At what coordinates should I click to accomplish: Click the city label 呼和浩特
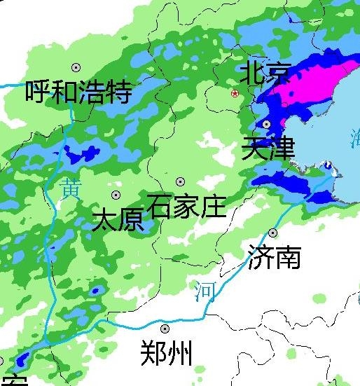(78, 92)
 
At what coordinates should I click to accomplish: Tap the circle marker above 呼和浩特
(76, 67)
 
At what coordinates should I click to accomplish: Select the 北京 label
(265, 72)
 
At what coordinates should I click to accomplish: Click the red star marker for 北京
(235, 92)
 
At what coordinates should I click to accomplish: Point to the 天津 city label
(268, 149)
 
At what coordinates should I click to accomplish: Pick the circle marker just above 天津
(267, 124)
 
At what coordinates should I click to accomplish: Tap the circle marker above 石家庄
(181, 181)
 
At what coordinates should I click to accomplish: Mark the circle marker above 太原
(116, 195)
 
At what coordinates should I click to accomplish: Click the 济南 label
(274, 257)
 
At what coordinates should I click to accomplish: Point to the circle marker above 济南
(272, 233)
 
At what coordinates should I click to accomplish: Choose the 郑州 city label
(166, 353)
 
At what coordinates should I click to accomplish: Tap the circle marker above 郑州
(165, 328)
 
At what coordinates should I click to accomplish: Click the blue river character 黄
(69, 188)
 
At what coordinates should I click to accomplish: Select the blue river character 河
(205, 289)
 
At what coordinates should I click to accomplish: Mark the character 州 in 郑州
(179, 353)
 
